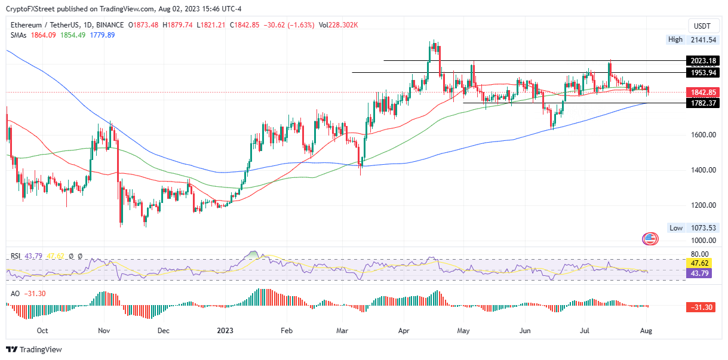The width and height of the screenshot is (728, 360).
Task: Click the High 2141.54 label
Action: click(x=692, y=39)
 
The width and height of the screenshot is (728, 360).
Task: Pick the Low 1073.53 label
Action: click(x=692, y=228)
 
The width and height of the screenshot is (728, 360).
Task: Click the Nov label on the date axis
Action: click(x=104, y=330)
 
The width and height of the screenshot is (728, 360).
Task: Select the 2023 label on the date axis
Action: click(x=225, y=330)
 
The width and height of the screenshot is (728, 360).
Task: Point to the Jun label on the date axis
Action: click(x=525, y=330)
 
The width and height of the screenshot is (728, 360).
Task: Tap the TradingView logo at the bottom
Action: click(x=35, y=350)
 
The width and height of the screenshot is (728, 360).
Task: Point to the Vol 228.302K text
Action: click(x=339, y=25)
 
